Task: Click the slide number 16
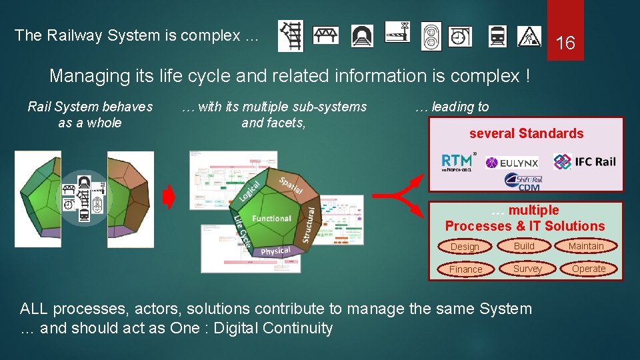pos(565,44)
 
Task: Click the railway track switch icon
pos(291,36)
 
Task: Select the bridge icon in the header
pos(326,35)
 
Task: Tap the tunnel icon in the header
pos(362,35)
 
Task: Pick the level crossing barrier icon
pos(397,31)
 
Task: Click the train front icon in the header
pos(497,36)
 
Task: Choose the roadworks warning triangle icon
pos(529,36)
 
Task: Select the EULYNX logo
pos(512,163)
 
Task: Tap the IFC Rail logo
pos(584,161)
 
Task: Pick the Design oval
pos(465,247)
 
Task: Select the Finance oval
pos(465,269)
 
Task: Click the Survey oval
pos(527,269)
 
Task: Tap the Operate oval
pos(589,269)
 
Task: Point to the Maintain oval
pos(586,247)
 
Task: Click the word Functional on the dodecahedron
pos(271,219)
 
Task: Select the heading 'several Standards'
pos(526,133)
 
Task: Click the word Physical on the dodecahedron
pos(275,251)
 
